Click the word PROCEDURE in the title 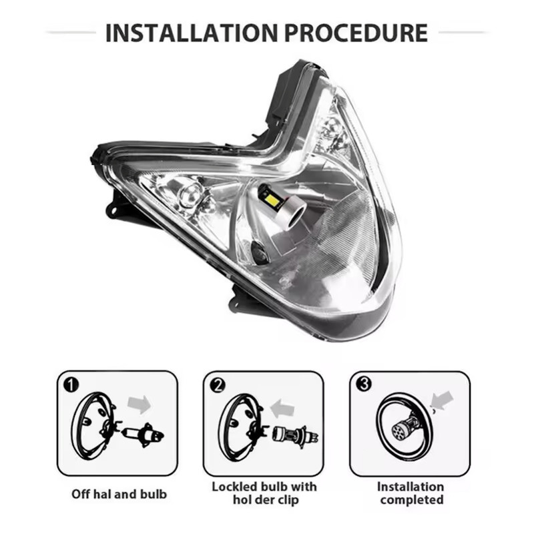[x=356, y=33]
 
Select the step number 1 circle [x=71, y=385]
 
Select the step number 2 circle [x=218, y=385]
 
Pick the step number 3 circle [x=364, y=384]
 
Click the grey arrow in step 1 [x=140, y=405]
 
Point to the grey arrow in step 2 [x=282, y=408]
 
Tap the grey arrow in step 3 [x=442, y=400]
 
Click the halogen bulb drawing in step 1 [x=143, y=435]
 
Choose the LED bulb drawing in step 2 [x=295, y=436]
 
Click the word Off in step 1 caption [x=81, y=494]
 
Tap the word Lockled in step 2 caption [x=233, y=487]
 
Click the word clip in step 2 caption [x=287, y=500]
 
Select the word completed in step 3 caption [x=412, y=500]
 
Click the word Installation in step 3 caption [x=411, y=487]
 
